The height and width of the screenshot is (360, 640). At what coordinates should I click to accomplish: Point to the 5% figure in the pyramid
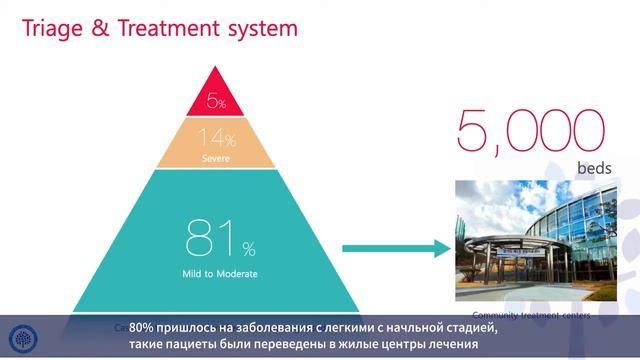[x=217, y=101]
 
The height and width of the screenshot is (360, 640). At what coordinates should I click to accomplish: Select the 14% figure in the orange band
[x=217, y=139]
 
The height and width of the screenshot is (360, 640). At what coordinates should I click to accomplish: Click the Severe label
[x=217, y=158]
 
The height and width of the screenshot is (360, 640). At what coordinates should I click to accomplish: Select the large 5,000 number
[x=531, y=131]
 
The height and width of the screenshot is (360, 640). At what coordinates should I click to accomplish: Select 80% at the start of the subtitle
[x=144, y=328]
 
